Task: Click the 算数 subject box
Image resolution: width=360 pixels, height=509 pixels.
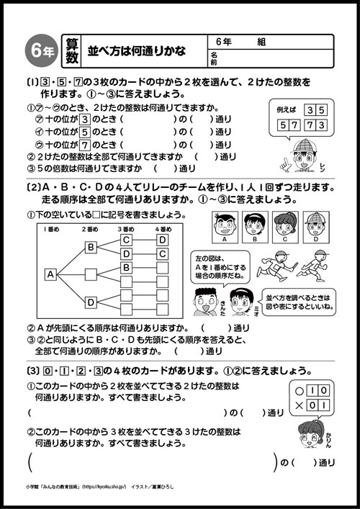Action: (70, 50)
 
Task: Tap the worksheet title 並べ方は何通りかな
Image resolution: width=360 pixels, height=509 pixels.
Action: (137, 51)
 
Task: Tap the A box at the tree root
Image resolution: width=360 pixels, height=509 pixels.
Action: (50, 274)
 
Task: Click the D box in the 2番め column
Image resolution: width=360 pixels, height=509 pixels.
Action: (91, 302)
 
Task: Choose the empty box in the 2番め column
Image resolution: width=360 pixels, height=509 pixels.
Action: (91, 274)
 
